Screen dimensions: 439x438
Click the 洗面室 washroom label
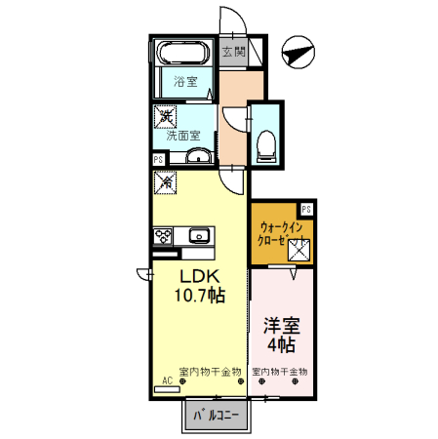coord(183,136)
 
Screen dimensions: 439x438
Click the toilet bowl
coord(265,147)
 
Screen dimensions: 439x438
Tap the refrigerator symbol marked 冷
coord(165,181)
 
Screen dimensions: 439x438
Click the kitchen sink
coord(200,235)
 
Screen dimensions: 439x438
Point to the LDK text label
coord(197,275)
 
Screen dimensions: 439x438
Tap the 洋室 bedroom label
coord(280,326)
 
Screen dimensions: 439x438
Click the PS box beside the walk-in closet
coord(306,208)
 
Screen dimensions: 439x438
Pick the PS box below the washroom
coord(158,159)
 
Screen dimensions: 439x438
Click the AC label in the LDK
coord(168,379)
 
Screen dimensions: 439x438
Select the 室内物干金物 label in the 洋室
coord(280,372)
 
